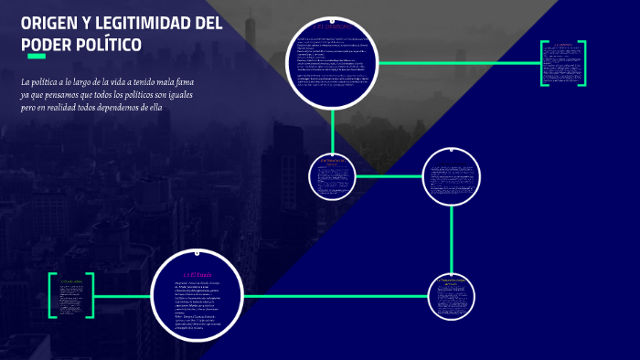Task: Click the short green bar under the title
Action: point(36,57)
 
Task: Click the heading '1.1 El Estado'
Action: point(197,274)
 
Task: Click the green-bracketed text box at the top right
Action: point(562,63)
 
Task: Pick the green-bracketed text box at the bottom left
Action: point(71,295)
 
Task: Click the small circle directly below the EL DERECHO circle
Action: point(332,175)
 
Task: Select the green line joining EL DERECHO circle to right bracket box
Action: point(457,63)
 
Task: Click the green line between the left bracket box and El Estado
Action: point(123,296)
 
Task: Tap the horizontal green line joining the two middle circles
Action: point(389,175)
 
